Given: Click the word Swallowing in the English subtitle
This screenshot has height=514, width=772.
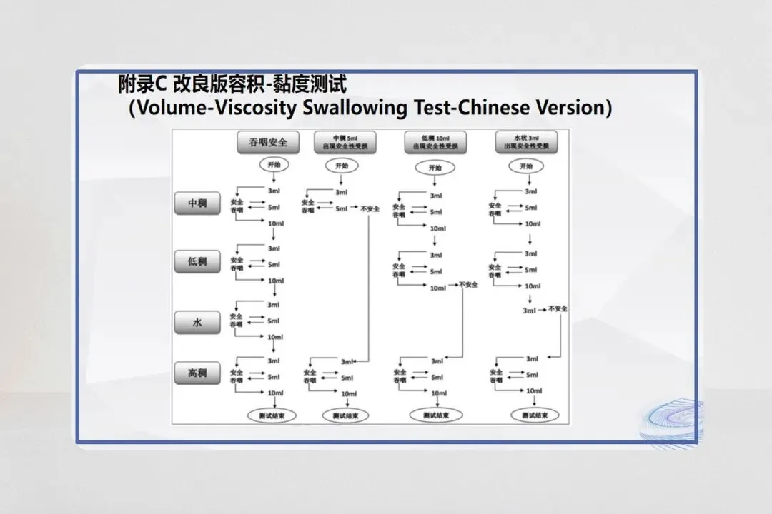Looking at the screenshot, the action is click(357, 109).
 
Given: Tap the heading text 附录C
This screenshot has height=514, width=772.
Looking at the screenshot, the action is click(142, 85).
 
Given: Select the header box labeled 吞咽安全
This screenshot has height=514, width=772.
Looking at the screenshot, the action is click(268, 142).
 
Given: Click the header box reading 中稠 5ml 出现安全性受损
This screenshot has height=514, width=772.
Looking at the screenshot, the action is click(345, 141).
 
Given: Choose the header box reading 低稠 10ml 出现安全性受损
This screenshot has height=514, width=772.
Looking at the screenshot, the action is click(435, 141).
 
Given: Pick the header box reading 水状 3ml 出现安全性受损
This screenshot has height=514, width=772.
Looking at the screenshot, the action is click(526, 141).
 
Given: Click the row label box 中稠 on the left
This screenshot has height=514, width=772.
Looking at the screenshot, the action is click(197, 204).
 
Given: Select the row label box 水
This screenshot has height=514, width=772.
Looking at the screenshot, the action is click(197, 323).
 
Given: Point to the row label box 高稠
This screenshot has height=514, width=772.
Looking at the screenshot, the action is click(197, 373).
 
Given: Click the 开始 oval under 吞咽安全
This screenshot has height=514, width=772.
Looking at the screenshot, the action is click(274, 166).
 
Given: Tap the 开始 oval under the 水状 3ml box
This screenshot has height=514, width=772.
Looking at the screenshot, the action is click(526, 166).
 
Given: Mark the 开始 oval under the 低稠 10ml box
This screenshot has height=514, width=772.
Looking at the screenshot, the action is click(435, 168).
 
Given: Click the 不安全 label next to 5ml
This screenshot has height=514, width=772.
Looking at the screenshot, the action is click(370, 208).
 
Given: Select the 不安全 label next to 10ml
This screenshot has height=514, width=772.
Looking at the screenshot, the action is click(469, 284).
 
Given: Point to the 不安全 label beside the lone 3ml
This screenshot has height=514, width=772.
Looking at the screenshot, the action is click(558, 309).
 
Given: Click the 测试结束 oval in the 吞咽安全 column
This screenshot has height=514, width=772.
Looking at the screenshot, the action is click(271, 415).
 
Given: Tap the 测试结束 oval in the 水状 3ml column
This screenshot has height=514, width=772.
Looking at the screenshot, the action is click(534, 415).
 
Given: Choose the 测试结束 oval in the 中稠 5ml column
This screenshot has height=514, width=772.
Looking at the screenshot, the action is click(345, 415).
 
